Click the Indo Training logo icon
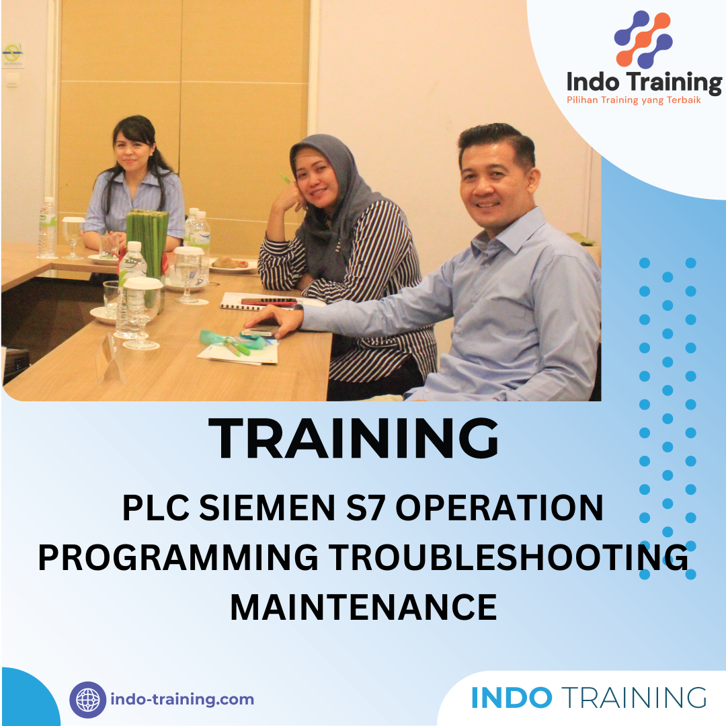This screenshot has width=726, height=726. (x=643, y=40)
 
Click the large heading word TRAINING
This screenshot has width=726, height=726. (x=354, y=439)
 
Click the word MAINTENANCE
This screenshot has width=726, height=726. (x=363, y=607)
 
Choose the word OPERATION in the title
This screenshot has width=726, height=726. (x=499, y=508)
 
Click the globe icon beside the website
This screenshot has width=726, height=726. (x=88, y=700)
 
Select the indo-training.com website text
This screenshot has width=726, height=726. (x=182, y=700)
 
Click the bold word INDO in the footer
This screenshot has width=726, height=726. (x=512, y=698)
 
